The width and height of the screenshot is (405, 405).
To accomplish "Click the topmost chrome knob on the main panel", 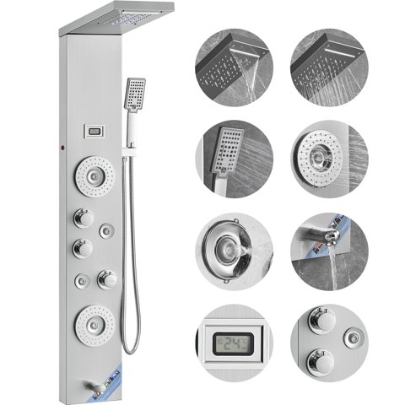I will (x=83, y=218).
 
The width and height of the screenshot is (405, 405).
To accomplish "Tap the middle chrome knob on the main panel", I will (x=83, y=249).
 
